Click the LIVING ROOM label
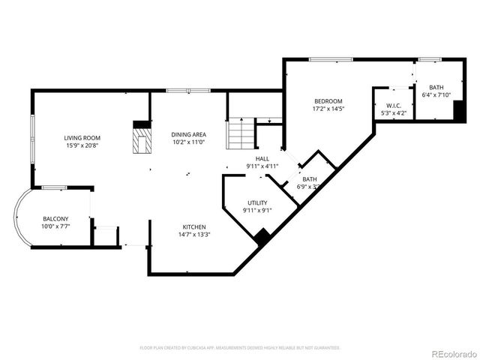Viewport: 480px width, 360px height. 82,138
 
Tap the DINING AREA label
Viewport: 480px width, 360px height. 189,133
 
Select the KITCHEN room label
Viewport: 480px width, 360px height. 194,226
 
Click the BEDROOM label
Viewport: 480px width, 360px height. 328,101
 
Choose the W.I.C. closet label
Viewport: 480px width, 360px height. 394,106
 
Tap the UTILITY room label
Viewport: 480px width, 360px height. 257,202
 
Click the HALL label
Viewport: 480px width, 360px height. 262,158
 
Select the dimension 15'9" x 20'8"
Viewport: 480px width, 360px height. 82,145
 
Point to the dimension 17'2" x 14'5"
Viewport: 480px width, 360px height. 328,109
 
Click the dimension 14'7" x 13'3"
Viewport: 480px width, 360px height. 194,234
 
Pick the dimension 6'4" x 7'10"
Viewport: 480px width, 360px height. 436,95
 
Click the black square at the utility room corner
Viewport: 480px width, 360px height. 262,237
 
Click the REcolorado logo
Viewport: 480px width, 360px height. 452,352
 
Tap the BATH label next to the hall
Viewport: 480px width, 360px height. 309,179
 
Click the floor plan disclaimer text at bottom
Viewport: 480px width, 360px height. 240,348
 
